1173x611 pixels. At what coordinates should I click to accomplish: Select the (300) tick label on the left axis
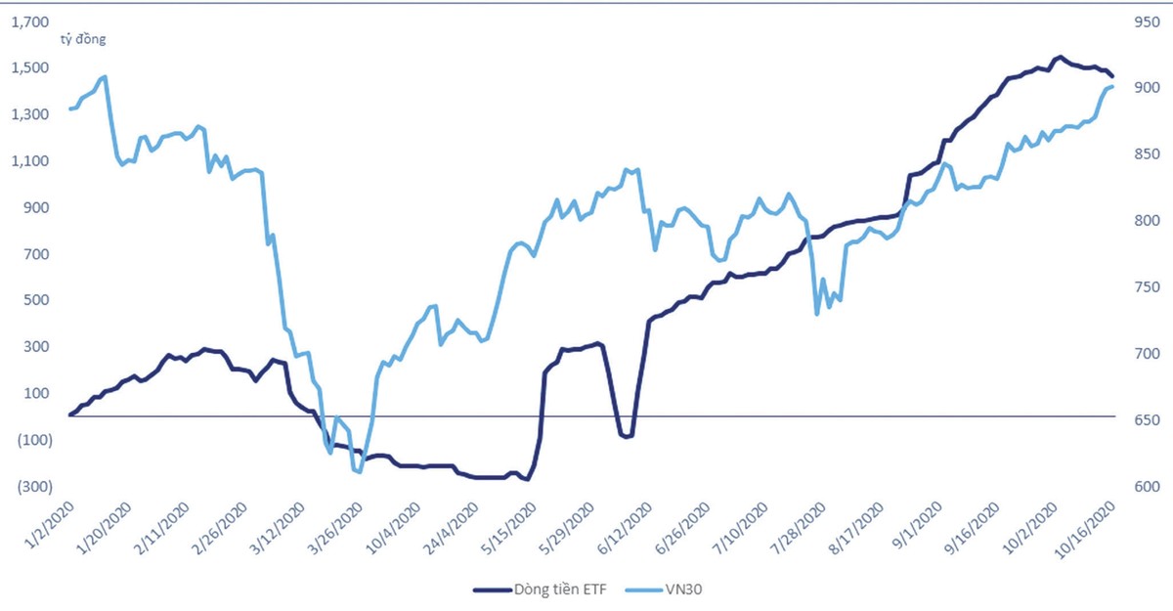(32, 487)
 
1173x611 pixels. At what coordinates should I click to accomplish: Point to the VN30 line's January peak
(105, 76)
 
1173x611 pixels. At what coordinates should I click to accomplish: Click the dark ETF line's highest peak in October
(1060, 57)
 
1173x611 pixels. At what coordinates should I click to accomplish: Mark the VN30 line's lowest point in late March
(361, 472)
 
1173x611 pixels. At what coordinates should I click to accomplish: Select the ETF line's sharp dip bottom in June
(626, 436)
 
